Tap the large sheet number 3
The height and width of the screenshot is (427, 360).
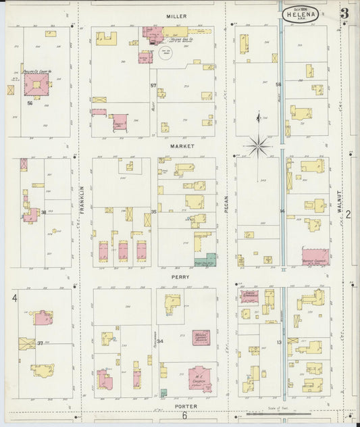pos(344,14)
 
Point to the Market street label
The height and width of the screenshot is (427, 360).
pos(182,146)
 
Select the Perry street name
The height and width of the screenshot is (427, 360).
pos(180,277)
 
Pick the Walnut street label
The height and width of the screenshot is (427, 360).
pos(340,202)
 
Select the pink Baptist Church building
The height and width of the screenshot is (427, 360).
pos(315,256)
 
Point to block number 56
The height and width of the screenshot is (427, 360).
pos(30,103)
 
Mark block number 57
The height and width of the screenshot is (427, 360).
pos(153,85)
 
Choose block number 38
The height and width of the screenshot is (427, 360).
pos(44,212)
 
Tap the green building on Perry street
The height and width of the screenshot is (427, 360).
pos(211,259)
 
